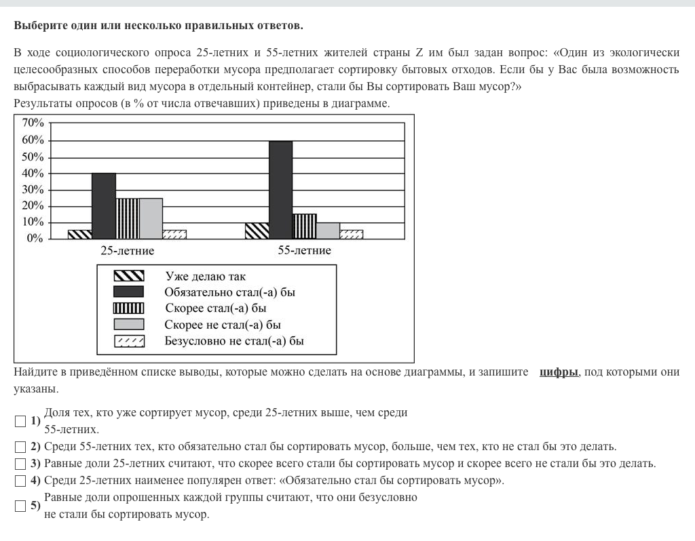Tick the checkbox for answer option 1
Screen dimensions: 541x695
coord(20,421)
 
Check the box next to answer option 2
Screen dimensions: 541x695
coord(20,447)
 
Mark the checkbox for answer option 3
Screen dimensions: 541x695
coord(20,464)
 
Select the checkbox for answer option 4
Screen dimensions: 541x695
coord(20,481)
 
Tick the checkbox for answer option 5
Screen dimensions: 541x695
coord(20,506)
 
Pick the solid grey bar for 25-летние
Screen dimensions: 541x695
coord(151,218)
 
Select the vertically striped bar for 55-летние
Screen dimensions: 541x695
coord(304,226)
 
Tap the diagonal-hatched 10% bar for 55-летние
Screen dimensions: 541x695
coord(257,231)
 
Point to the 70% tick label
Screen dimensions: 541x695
coord(33,123)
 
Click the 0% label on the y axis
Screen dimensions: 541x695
coord(35,239)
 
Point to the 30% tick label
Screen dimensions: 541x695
coord(33,190)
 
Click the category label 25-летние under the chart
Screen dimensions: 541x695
coord(127,251)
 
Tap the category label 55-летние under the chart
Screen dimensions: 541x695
coord(304,251)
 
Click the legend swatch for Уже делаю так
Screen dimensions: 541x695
coord(129,276)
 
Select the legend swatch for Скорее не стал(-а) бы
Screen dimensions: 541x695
coord(129,324)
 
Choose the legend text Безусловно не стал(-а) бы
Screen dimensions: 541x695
coord(234,340)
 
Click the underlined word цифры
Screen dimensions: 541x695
coord(559,372)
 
